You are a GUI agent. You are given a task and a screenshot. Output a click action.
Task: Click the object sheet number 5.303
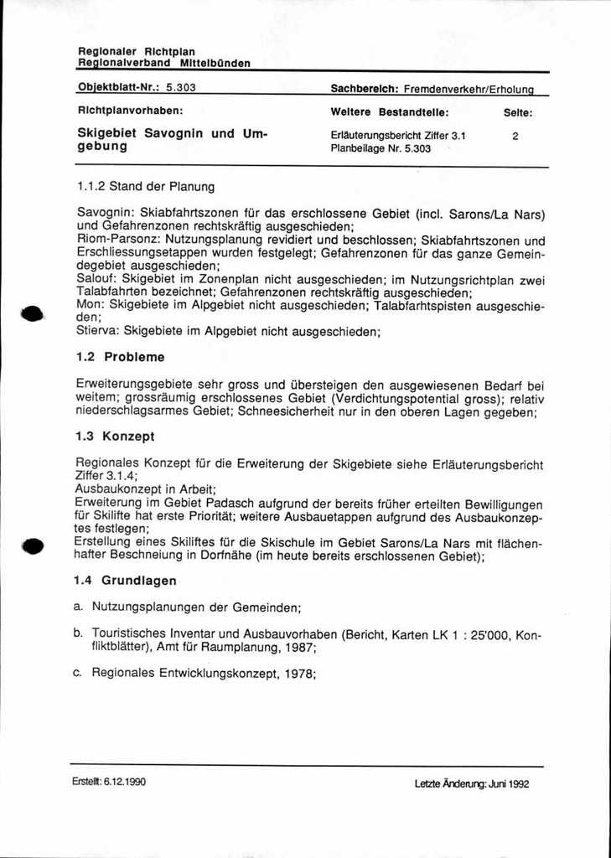pos(181,86)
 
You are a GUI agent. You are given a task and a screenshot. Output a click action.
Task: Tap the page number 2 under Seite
pos(515,135)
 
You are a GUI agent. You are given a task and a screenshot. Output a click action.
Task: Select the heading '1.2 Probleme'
pos(121,357)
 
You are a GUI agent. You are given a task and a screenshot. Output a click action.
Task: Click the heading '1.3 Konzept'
pos(115,437)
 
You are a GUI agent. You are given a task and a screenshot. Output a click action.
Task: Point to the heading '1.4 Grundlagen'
pos(125,580)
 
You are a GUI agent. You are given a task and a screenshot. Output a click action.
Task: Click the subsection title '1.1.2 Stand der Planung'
pos(146,186)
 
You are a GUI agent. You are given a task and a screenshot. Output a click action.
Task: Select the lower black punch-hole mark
pos(32,546)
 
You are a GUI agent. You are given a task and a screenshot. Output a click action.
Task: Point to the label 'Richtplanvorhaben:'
pos(130,110)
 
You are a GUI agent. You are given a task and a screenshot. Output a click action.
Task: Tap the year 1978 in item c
pos(298,672)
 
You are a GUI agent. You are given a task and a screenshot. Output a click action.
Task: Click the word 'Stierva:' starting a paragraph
pos(98,331)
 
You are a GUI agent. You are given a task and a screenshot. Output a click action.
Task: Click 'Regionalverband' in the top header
pos(124,63)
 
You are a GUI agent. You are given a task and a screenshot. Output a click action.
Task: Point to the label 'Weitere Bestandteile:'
pos(390,111)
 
